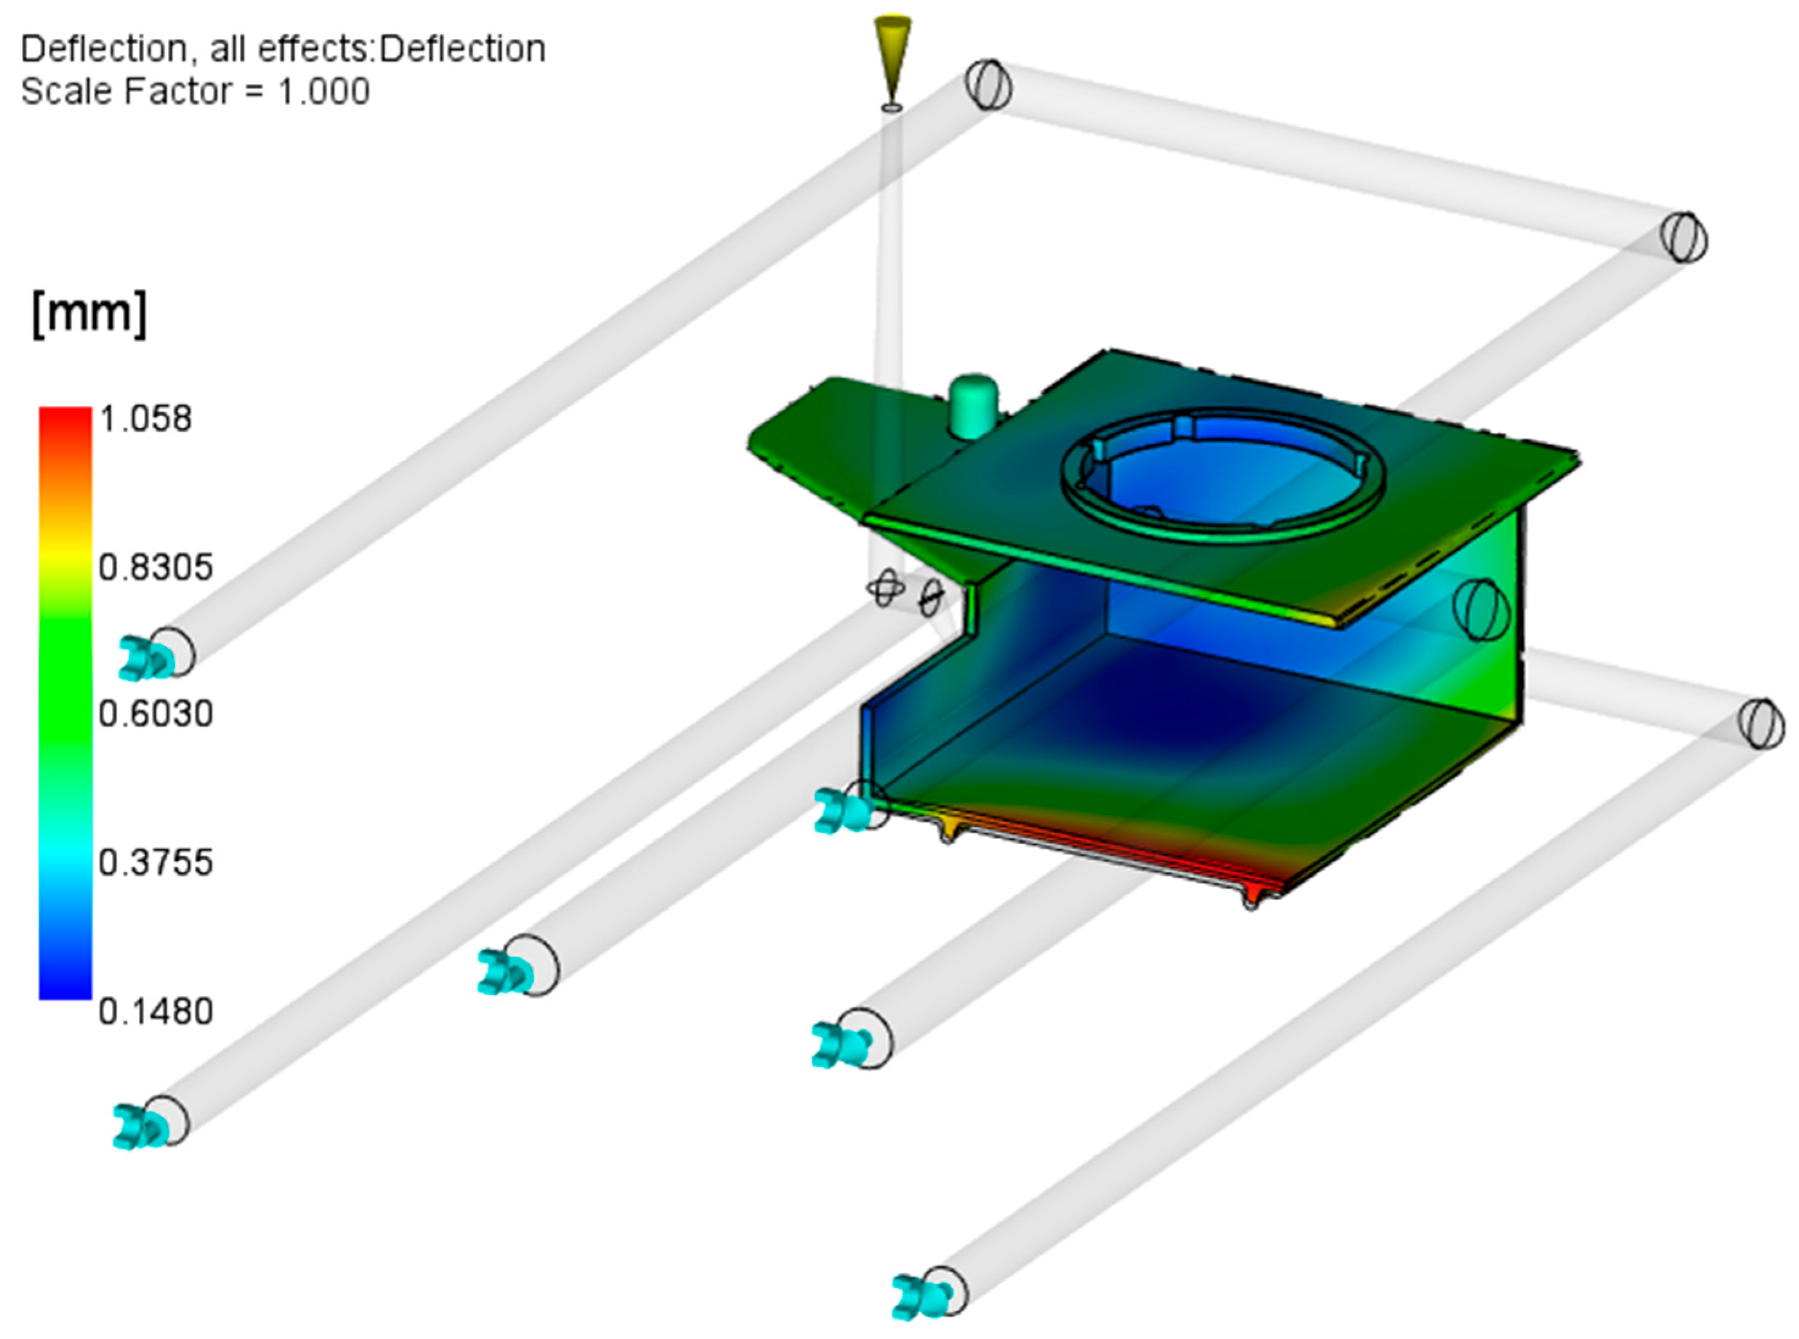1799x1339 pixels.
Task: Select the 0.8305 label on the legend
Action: point(155,568)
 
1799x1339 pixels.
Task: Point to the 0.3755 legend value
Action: point(155,862)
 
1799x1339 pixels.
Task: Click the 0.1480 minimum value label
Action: point(155,1011)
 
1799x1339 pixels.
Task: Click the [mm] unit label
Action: point(89,312)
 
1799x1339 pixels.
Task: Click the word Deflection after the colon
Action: point(462,49)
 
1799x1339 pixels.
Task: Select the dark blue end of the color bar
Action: point(65,985)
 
